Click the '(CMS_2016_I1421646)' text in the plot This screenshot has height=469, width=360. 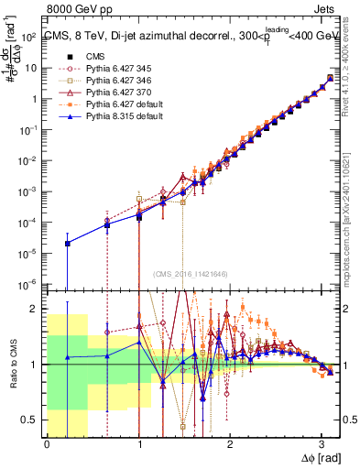tap(191, 274)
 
